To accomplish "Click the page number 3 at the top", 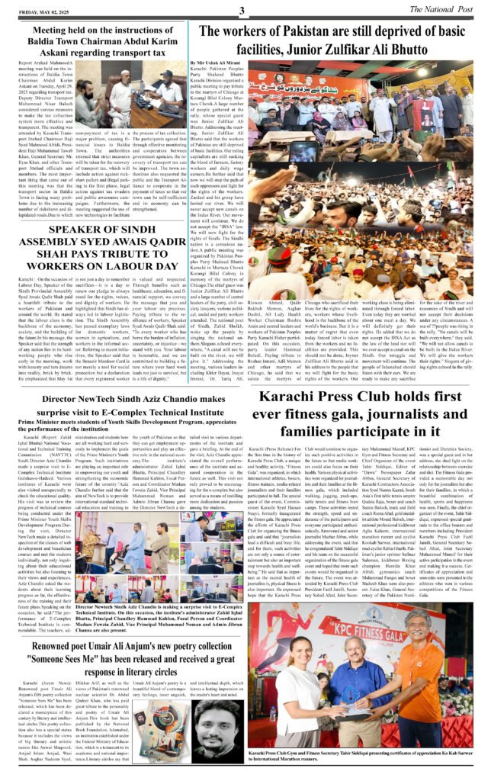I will point(241,10).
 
